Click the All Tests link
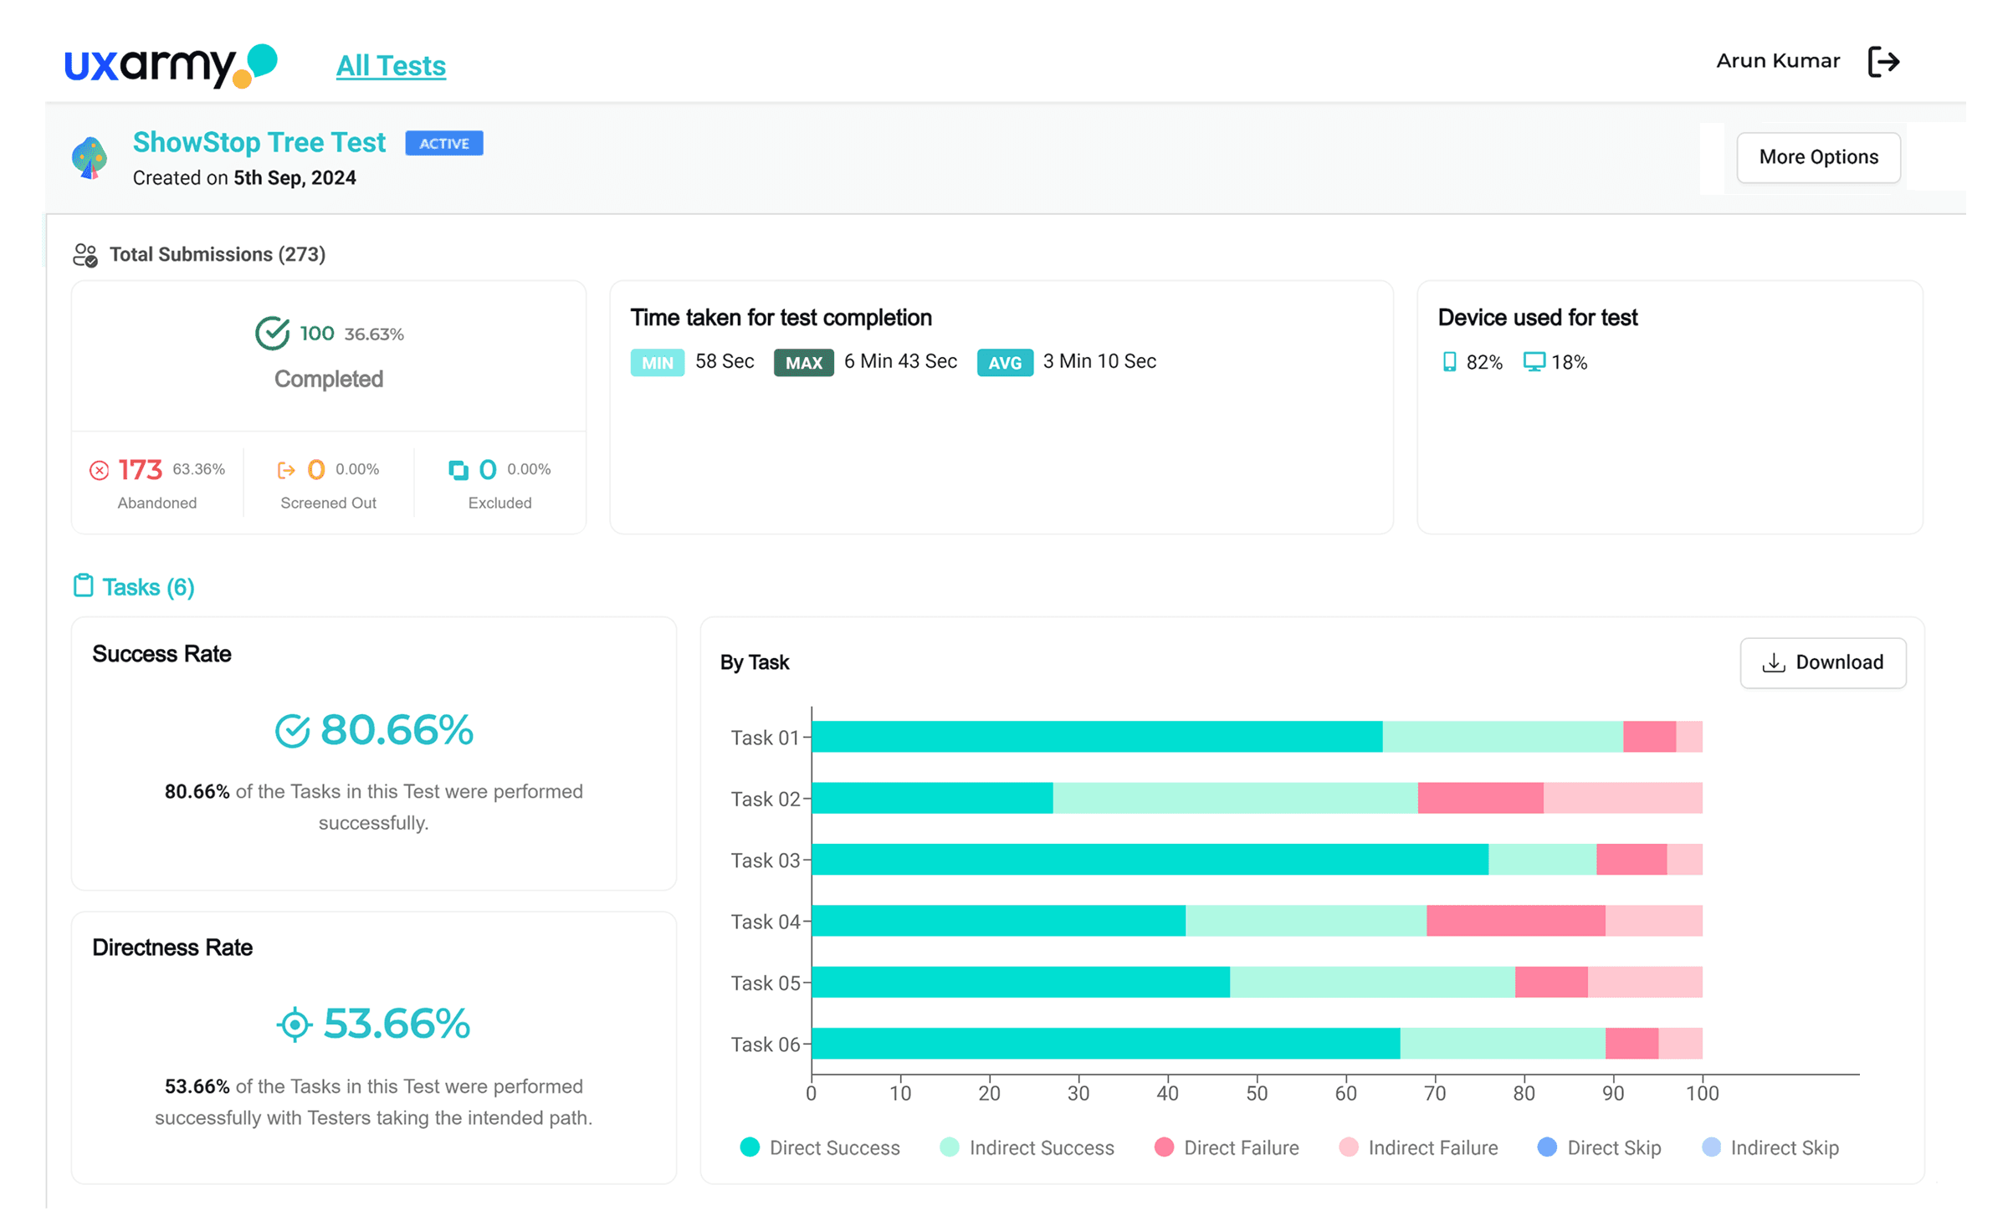click(x=391, y=65)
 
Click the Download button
click(x=1822, y=662)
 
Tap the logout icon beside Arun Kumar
click(x=1883, y=61)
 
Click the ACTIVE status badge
click(x=443, y=143)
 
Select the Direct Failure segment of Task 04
click(x=1515, y=920)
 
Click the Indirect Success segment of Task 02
click(x=1235, y=797)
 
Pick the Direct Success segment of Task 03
click(x=1150, y=859)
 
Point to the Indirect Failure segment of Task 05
click(x=1645, y=982)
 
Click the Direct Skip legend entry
click(x=1599, y=1147)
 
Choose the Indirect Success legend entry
click(x=1027, y=1147)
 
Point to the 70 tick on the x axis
click(x=1435, y=1092)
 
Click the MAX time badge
click(x=803, y=362)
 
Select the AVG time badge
click(x=1004, y=362)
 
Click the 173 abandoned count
click(x=140, y=469)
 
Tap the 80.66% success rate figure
click(x=397, y=729)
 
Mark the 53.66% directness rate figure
click(x=397, y=1023)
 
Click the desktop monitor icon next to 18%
click(x=1534, y=361)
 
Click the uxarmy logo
click(x=171, y=65)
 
